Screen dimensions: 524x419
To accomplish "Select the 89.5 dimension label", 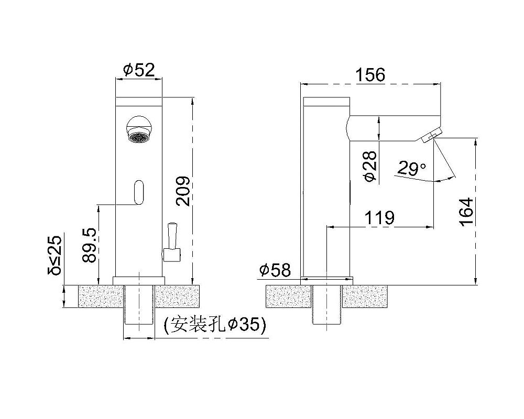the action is tap(90, 245).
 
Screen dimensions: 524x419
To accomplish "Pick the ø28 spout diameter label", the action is tap(370, 166).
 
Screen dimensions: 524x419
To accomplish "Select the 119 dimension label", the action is tap(379, 218).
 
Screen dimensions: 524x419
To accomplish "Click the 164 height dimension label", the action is tap(466, 212).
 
